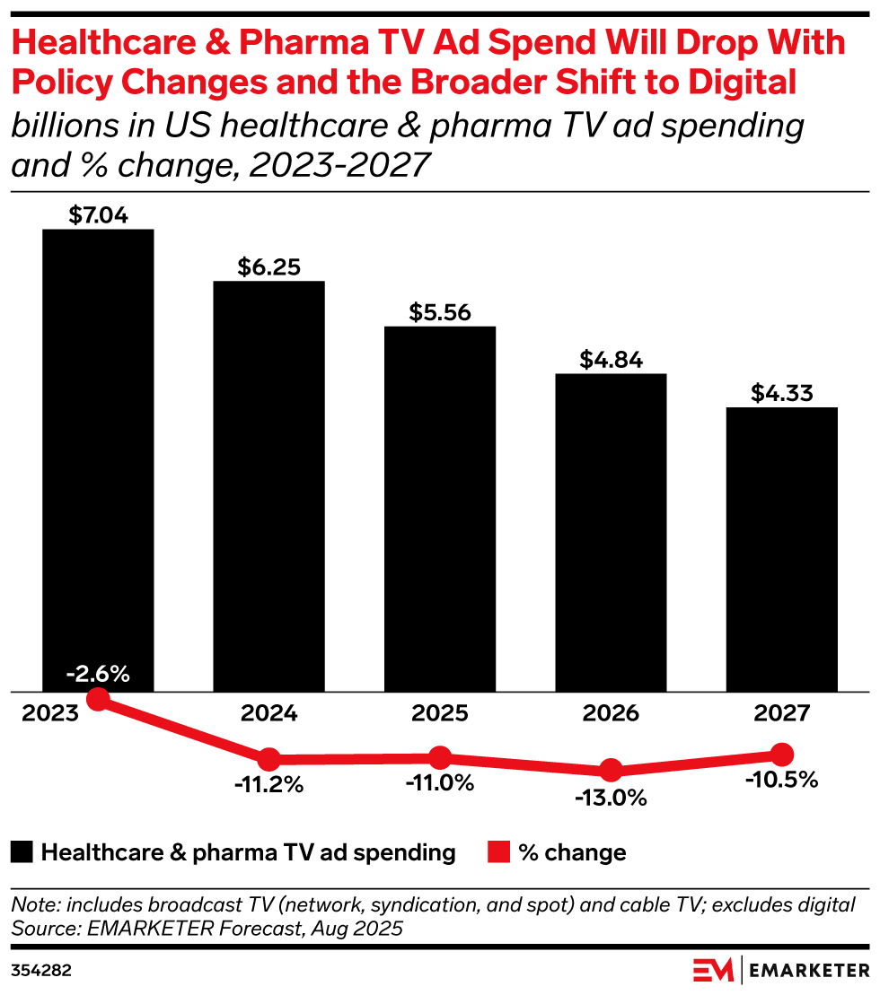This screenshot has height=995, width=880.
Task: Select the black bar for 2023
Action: pos(98,460)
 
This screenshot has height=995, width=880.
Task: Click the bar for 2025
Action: pos(439,509)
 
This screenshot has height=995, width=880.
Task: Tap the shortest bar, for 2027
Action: pos(781,549)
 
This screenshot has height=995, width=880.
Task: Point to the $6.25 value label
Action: pos(268,267)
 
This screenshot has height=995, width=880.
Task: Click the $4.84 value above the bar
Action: pos(611,360)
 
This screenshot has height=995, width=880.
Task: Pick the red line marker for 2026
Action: pos(611,770)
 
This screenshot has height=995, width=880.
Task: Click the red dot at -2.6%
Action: pos(98,699)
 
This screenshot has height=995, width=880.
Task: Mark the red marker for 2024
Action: pos(269,759)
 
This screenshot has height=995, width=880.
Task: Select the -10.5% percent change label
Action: pos(781,780)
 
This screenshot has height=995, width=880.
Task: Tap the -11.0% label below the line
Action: pos(439,783)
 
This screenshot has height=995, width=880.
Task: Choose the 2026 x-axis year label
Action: pos(611,713)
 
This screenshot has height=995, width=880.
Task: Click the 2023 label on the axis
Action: pos(50,713)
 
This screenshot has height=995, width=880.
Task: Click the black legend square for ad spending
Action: pos(22,852)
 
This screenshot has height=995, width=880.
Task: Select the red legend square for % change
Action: pos(499,852)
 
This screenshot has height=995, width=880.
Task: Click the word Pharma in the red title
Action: pos(304,43)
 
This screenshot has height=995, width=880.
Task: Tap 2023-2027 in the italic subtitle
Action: pos(339,165)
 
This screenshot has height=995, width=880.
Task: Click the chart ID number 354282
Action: pos(41,970)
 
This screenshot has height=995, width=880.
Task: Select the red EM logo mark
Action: pos(713,970)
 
